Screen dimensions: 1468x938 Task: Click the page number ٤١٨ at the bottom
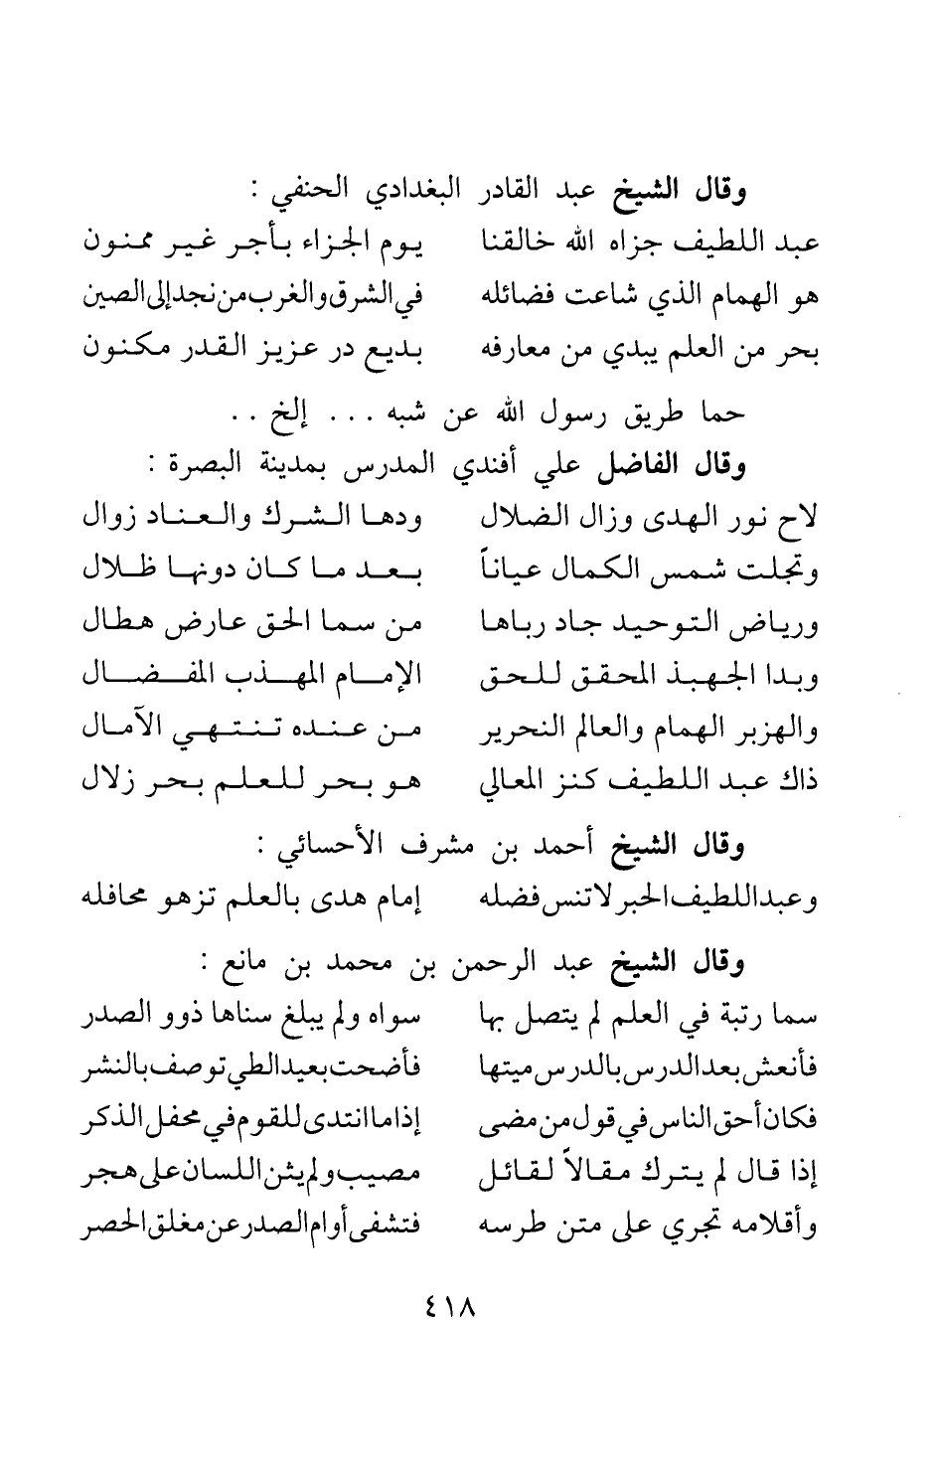click(x=448, y=1303)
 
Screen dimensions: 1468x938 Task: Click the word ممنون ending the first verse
click(x=117, y=243)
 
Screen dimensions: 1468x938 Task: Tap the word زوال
click(x=110, y=519)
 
